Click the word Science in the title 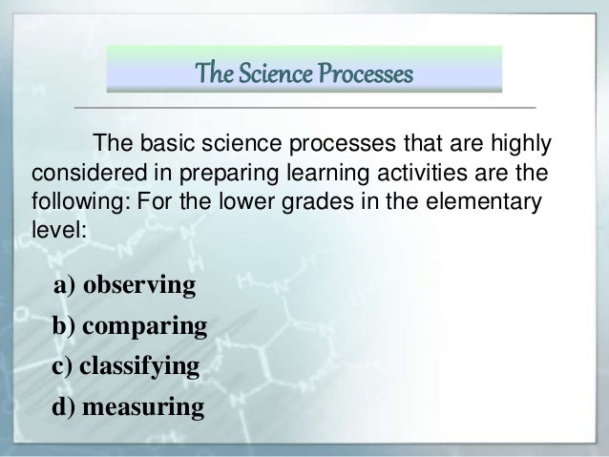point(283,72)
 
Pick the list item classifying point(139,367)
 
